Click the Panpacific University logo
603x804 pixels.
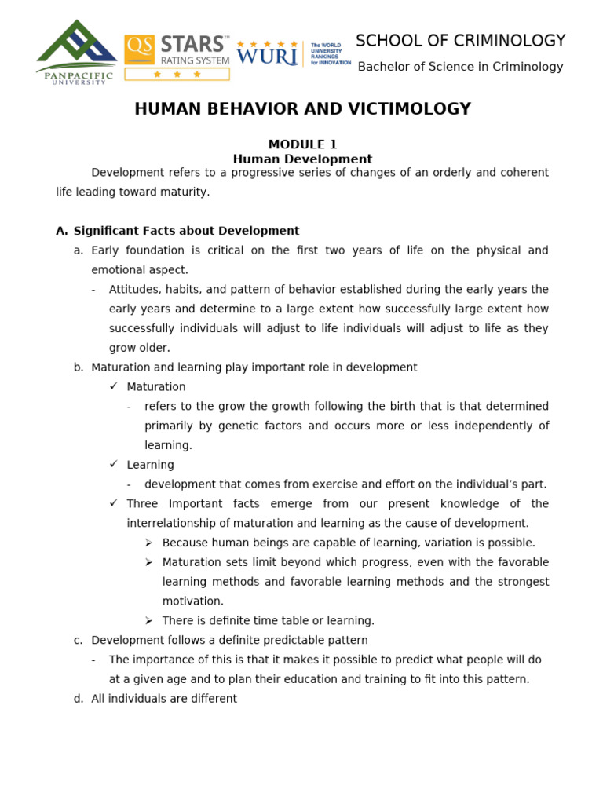(x=76, y=52)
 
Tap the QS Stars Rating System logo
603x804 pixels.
(x=177, y=57)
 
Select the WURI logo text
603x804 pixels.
(x=267, y=57)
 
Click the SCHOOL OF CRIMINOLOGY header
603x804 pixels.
(x=460, y=41)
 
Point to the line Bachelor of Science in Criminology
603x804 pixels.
(x=460, y=67)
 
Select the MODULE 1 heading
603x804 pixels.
(x=302, y=144)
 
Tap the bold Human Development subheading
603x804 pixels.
(x=302, y=159)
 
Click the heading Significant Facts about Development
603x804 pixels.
(x=186, y=231)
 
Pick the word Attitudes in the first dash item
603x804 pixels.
(x=133, y=290)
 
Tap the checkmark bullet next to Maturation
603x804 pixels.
(x=114, y=386)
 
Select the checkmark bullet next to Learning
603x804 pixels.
(x=114, y=464)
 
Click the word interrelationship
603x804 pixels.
(x=177, y=523)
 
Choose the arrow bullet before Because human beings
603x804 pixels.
(x=149, y=543)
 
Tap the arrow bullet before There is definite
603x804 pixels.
(x=149, y=620)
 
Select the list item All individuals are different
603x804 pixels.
(x=163, y=699)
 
